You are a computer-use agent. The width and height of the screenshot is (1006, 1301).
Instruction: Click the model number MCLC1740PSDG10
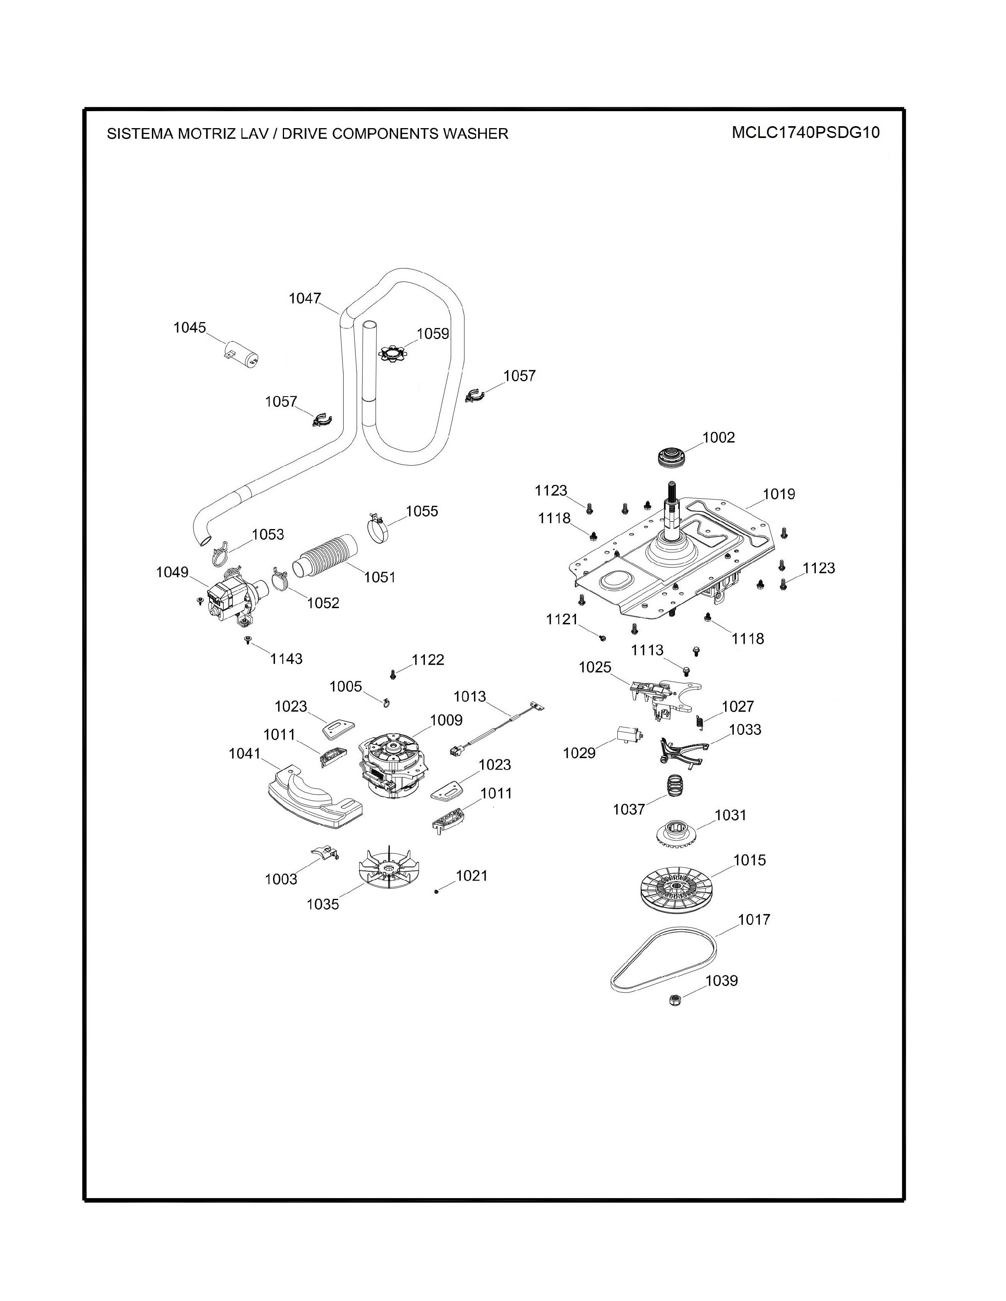tap(805, 132)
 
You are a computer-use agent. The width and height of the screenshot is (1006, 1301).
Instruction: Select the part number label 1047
tap(305, 298)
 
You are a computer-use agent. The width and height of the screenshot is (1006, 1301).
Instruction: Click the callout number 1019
tap(778, 494)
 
